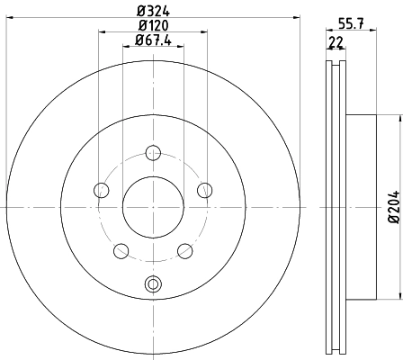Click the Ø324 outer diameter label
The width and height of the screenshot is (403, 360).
pyautogui.click(x=153, y=11)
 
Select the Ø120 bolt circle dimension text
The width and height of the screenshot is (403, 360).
pyautogui.click(x=153, y=25)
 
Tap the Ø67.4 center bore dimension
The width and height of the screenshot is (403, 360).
pyautogui.click(x=153, y=40)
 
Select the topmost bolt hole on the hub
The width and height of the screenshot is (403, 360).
pyautogui.click(x=153, y=152)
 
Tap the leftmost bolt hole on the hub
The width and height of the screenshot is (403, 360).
pyautogui.click(x=102, y=189)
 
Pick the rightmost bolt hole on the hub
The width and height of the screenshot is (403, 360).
pyautogui.click(x=204, y=189)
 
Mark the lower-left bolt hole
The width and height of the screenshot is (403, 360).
pyautogui.click(x=121, y=249)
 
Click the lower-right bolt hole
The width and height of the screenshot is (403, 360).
pyautogui.click(x=184, y=249)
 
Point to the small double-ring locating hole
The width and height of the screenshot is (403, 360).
pyautogui.click(x=153, y=285)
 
